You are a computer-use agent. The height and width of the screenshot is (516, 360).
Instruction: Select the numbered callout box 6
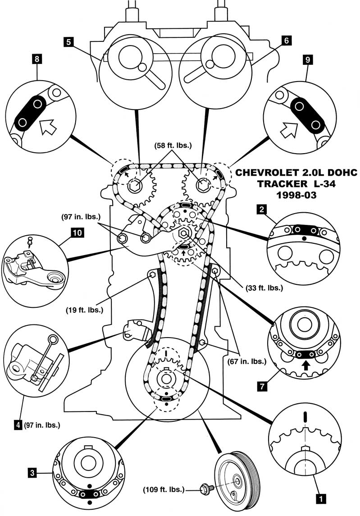285,40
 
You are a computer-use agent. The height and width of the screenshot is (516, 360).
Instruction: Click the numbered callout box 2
260,209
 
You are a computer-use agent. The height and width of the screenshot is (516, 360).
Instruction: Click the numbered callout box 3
32,473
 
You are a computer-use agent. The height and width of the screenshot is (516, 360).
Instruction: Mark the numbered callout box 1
320,499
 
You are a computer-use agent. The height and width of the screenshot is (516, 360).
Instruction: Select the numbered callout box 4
18,424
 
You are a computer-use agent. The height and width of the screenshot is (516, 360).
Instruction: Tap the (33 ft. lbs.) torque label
264,288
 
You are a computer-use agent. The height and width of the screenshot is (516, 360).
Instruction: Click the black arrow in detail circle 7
306,365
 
